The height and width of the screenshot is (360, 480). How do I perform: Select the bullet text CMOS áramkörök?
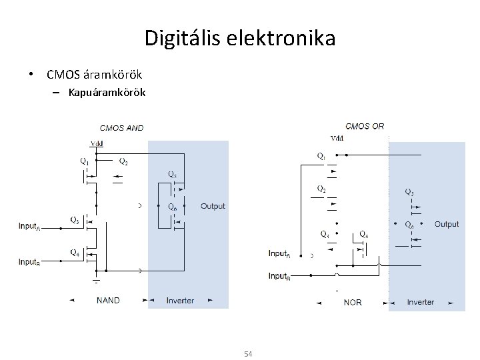click(x=94, y=72)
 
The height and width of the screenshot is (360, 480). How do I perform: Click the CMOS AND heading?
click(x=121, y=127)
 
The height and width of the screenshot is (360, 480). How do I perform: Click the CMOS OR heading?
click(x=365, y=126)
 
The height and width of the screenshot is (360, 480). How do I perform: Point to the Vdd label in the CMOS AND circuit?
click(x=96, y=143)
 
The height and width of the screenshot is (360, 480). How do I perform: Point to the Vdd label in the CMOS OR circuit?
click(x=337, y=139)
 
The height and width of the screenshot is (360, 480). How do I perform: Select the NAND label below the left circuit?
click(x=108, y=301)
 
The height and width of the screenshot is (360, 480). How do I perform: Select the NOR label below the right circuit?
click(x=353, y=302)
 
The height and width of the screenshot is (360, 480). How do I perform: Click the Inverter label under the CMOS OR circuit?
click(x=420, y=302)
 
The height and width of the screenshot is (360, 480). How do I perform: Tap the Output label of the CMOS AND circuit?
click(x=213, y=207)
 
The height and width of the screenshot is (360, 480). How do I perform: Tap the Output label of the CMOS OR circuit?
click(x=447, y=224)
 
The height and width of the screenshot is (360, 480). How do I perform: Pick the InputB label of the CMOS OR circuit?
click(x=279, y=276)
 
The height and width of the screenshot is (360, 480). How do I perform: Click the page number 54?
click(x=248, y=353)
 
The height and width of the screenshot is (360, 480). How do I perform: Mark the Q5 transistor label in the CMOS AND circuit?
click(x=172, y=175)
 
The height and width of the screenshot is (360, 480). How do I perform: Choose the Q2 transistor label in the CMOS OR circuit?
click(x=321, y=189)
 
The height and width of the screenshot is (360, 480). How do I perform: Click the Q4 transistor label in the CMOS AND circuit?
click(x=75, y=252)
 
